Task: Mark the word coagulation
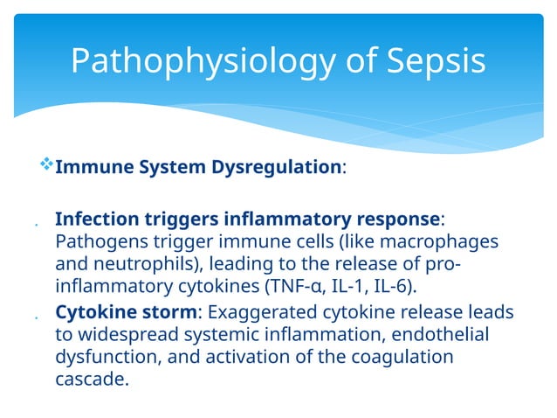403,358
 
